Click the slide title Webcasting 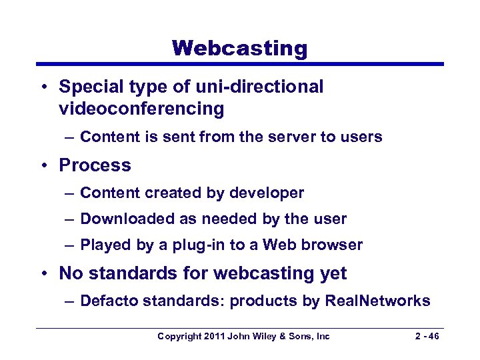pos(240,48)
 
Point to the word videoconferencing pos(141,108)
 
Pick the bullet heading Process pos(95,165)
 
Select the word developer pos(267,193)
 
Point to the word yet pos(333,273)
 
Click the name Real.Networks pos(377,301)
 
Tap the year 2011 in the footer pos(215,337)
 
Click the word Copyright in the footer pos(179,337)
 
